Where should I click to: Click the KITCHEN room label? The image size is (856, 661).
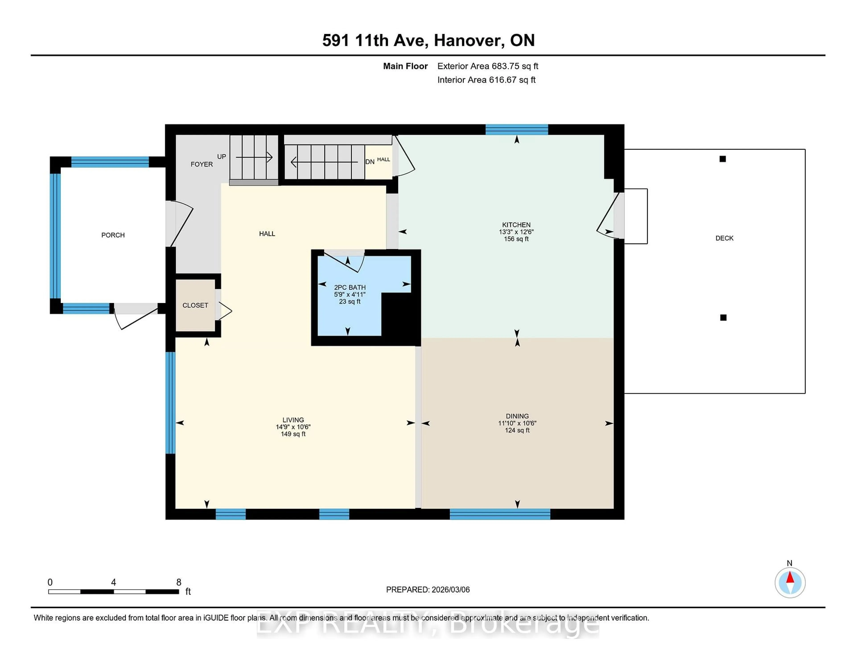(x=516, y=225)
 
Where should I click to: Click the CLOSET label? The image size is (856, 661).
(x=195, y=305)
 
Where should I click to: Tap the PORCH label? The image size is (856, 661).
(x=113, y=235)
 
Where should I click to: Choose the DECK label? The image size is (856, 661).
(x=724, y=238)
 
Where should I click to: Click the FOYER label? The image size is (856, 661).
(x=202, y=164)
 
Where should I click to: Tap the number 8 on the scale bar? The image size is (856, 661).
(x=179, y=582)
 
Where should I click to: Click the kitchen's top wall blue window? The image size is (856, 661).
(x=516, y=130)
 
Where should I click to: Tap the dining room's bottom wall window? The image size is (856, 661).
(x=500, y=514)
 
